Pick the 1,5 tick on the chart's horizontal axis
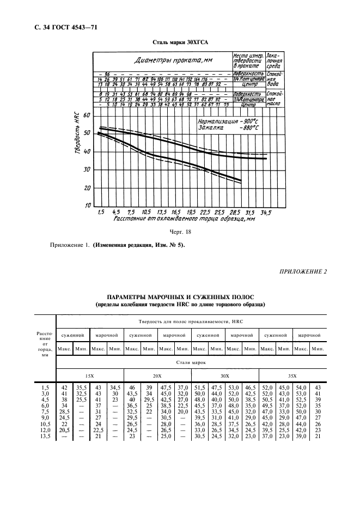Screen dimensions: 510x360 click(100, 211)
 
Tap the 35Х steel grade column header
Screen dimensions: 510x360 click(292, 376)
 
